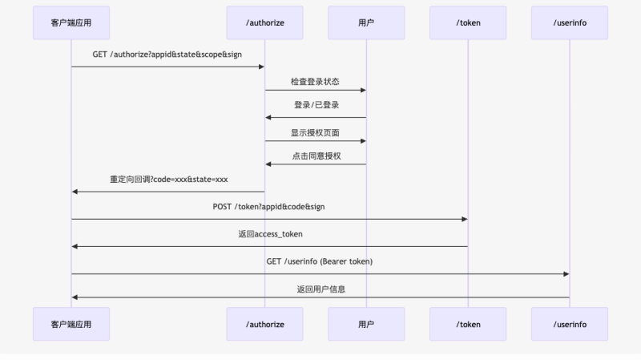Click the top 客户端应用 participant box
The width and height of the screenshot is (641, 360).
tap(71, 22)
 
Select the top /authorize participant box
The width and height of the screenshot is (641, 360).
tap(264, 22)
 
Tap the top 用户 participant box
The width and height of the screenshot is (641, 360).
tap(366, 22)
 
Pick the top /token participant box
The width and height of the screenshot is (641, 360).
tap(468, 22)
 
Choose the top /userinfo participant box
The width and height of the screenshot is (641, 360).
tap(570, 22)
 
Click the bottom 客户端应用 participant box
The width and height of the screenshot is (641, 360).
tap(71, 324)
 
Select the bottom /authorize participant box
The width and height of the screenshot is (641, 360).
tap(264, 324)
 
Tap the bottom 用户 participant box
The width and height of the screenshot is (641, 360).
tap(366, 324)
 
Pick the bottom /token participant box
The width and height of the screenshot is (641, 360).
tap(468, 324)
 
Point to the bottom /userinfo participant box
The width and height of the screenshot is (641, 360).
tap(570, 324)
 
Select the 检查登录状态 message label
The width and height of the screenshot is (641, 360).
tap(316, 82)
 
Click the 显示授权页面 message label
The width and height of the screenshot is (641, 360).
tap(316, 133)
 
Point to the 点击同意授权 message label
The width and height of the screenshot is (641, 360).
tap(316, 156)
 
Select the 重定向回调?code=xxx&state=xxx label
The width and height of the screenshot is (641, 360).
tap(167, 180)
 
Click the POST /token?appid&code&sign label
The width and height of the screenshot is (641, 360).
tap(269, 207)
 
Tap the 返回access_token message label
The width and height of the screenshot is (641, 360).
tap(269, 234)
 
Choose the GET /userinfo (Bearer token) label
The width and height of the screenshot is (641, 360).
tap(320, 261)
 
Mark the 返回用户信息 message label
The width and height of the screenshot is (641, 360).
tap(320, 289)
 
